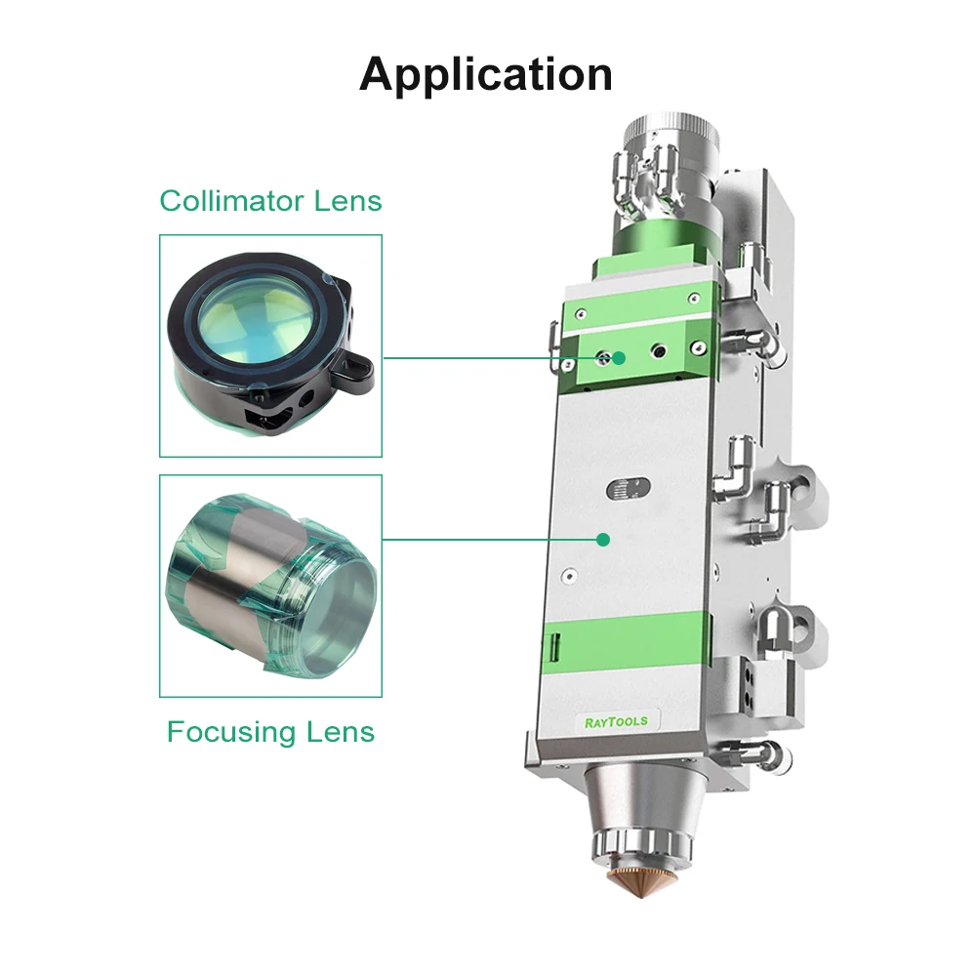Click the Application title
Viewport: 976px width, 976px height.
tap(485, 75)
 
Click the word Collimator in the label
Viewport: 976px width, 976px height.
tap(232, 201)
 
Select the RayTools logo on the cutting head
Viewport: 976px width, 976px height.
tap(616, 722)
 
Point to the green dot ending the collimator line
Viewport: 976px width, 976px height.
tap(618, 358)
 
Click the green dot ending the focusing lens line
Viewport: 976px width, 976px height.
tap(602, 540)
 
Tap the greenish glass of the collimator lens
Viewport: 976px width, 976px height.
tap(255, 317)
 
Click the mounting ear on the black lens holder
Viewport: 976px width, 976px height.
tap(352, 370)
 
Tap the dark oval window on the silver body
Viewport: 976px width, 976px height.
tap(628, 488)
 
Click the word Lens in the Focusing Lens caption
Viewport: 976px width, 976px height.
tap(343, 732)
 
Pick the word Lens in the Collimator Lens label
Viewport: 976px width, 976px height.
tap(347, 201)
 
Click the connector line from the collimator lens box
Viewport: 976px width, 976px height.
tap(498, 358)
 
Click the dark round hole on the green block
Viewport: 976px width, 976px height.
tap(659, 352)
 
